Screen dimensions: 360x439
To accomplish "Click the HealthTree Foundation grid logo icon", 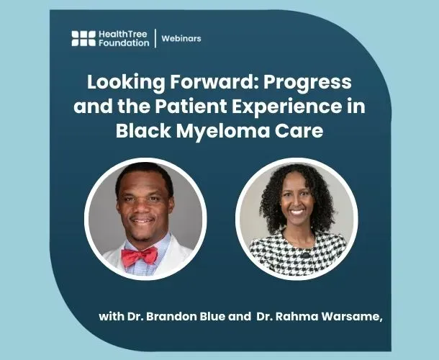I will click(x=83, y=38).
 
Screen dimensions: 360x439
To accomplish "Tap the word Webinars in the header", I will click(x=181, y=38).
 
